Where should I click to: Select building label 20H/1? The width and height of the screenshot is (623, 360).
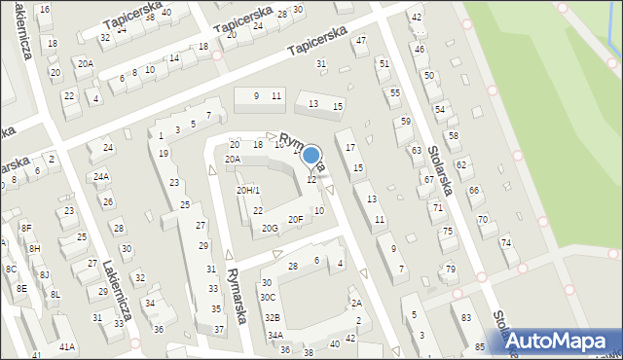coord(248,190)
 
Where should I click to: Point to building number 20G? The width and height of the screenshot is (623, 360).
coord(270,228)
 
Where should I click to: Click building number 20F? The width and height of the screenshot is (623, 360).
coord(295,220)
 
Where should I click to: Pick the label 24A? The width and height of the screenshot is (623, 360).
coord(101,177)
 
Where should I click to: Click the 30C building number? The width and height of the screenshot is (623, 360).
coord(268,297)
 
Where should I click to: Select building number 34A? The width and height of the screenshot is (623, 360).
coord(275,336)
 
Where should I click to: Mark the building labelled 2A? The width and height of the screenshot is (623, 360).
coord(356,304)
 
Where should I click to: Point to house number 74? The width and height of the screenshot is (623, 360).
coord(505,241)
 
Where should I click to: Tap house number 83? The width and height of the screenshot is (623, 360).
coord(467,318)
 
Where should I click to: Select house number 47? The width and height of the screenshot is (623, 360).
coord(361,41)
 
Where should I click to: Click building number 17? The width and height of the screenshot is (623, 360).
coord(350,147)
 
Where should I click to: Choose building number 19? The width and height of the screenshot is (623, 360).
coord(164,153)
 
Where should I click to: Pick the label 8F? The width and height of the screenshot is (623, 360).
coord(26,228)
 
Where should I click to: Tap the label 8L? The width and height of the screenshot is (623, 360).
coord(55,294)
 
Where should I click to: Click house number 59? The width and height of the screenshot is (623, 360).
coord(406,122)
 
